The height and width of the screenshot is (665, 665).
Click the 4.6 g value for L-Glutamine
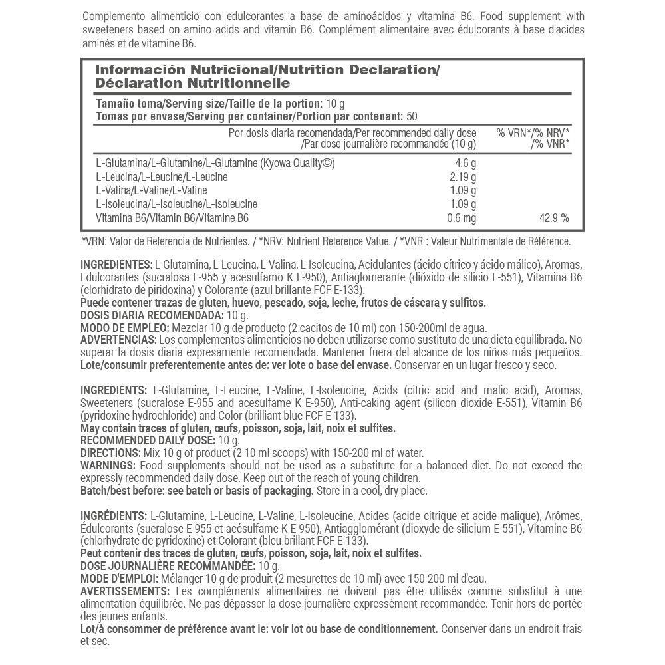(465, 164)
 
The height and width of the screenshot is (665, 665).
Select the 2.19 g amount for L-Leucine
(463, 177)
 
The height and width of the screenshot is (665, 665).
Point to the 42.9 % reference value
(553, 217)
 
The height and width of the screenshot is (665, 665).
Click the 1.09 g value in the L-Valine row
(463, 190)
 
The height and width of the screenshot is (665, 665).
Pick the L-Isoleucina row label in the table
(123, 203)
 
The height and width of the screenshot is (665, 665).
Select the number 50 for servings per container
(412, 116)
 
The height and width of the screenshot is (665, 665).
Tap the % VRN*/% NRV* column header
(533, 133)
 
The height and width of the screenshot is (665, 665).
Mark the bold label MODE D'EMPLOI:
(117, 579)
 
